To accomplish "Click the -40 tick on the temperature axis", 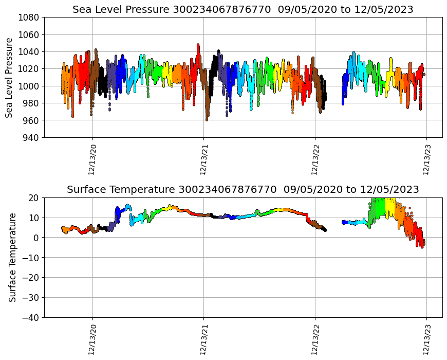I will coord(30,317).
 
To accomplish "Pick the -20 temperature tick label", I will coord(30,278).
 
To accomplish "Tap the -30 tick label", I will coord(30,297).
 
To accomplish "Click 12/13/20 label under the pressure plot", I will coord(93,158).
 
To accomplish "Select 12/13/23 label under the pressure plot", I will coord(426,158).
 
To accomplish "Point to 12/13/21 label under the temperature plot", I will coord(204,338).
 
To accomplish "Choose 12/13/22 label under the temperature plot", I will coord(315,338).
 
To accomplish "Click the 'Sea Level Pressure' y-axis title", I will coord(9,77).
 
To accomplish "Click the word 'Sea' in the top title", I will coord(82,10).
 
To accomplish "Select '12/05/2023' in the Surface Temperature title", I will coord(394,190).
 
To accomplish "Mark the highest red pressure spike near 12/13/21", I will coord(198,45).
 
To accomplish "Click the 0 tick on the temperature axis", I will coord(35,238).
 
